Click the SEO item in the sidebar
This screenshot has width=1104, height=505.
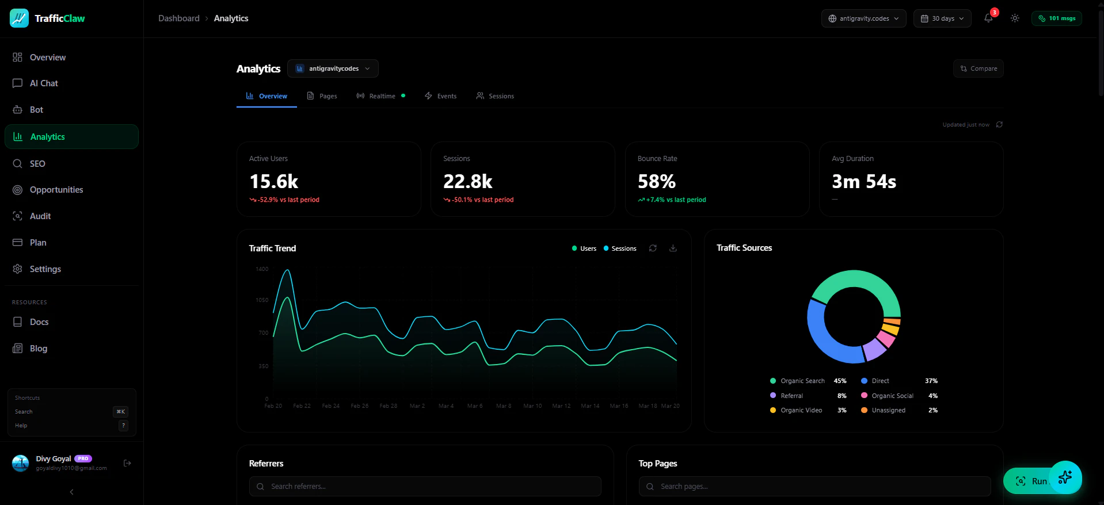(x=37, y=164)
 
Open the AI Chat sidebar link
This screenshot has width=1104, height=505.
(x=44, y=83)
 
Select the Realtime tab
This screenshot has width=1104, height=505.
(x=382, y=96)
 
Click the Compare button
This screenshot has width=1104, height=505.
(x=979, y=68)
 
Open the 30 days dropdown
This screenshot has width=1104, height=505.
(x=942, y=18)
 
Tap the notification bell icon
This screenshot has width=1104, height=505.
(x=988, y=18)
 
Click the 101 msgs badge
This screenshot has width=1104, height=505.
(x=1057, y=18)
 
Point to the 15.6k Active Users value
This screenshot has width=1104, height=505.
(x=274, y=182)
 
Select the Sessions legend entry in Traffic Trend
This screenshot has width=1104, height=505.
(x=620, y=248)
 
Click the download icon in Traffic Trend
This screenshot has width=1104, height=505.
(x=673, y=248)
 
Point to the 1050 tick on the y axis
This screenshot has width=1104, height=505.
(x=262, y=300)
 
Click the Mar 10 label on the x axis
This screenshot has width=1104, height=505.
(x=532, y=406)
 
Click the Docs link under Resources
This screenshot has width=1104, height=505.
(x=39, y=322)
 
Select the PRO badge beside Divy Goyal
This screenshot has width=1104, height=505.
(x=83, y=458)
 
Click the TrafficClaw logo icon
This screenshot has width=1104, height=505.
(x=19, y=18)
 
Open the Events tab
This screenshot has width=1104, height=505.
(x=441, y=96)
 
